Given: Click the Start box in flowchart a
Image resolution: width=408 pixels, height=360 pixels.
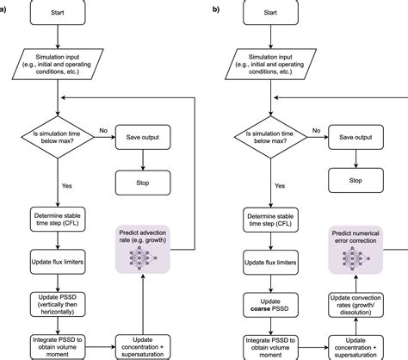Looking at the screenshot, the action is point(58,13).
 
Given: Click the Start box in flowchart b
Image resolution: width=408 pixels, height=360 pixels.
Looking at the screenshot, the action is point(270,13).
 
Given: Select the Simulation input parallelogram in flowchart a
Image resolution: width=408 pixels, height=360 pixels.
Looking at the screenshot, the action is point(58,64).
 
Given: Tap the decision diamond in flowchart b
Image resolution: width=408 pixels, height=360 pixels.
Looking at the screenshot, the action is point(270,137).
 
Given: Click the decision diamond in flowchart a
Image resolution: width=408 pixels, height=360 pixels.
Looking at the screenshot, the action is point(58,137).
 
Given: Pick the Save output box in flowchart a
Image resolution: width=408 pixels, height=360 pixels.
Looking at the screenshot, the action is point(143,137).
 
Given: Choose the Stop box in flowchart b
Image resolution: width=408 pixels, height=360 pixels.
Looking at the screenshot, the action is point(355,180).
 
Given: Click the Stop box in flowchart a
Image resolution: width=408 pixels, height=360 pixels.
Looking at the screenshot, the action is point(143,183).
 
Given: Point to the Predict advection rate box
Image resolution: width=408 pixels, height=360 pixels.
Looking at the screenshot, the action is point(143,249).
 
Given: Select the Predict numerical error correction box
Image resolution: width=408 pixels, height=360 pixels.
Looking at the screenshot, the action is point(355,250).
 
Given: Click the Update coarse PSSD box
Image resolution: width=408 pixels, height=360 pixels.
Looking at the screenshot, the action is point(270,305).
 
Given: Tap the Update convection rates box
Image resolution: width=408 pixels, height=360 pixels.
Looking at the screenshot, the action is point(355,305).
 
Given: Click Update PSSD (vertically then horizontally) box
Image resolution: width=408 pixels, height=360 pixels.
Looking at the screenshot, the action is point(58,304).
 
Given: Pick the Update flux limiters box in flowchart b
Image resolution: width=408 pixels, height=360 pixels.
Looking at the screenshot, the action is point(270,263).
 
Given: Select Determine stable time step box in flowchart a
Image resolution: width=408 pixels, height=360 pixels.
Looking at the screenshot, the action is point(58,220).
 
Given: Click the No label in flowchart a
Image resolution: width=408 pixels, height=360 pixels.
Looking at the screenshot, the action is point(103,131).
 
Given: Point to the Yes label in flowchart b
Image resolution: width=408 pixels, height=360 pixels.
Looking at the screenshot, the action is point(280,186).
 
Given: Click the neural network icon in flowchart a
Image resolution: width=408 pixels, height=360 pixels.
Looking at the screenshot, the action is point(143,258).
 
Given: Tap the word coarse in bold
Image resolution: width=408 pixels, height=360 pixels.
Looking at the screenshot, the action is point(261,309).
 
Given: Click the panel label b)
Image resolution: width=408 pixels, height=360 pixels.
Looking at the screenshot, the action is point(216,9).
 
